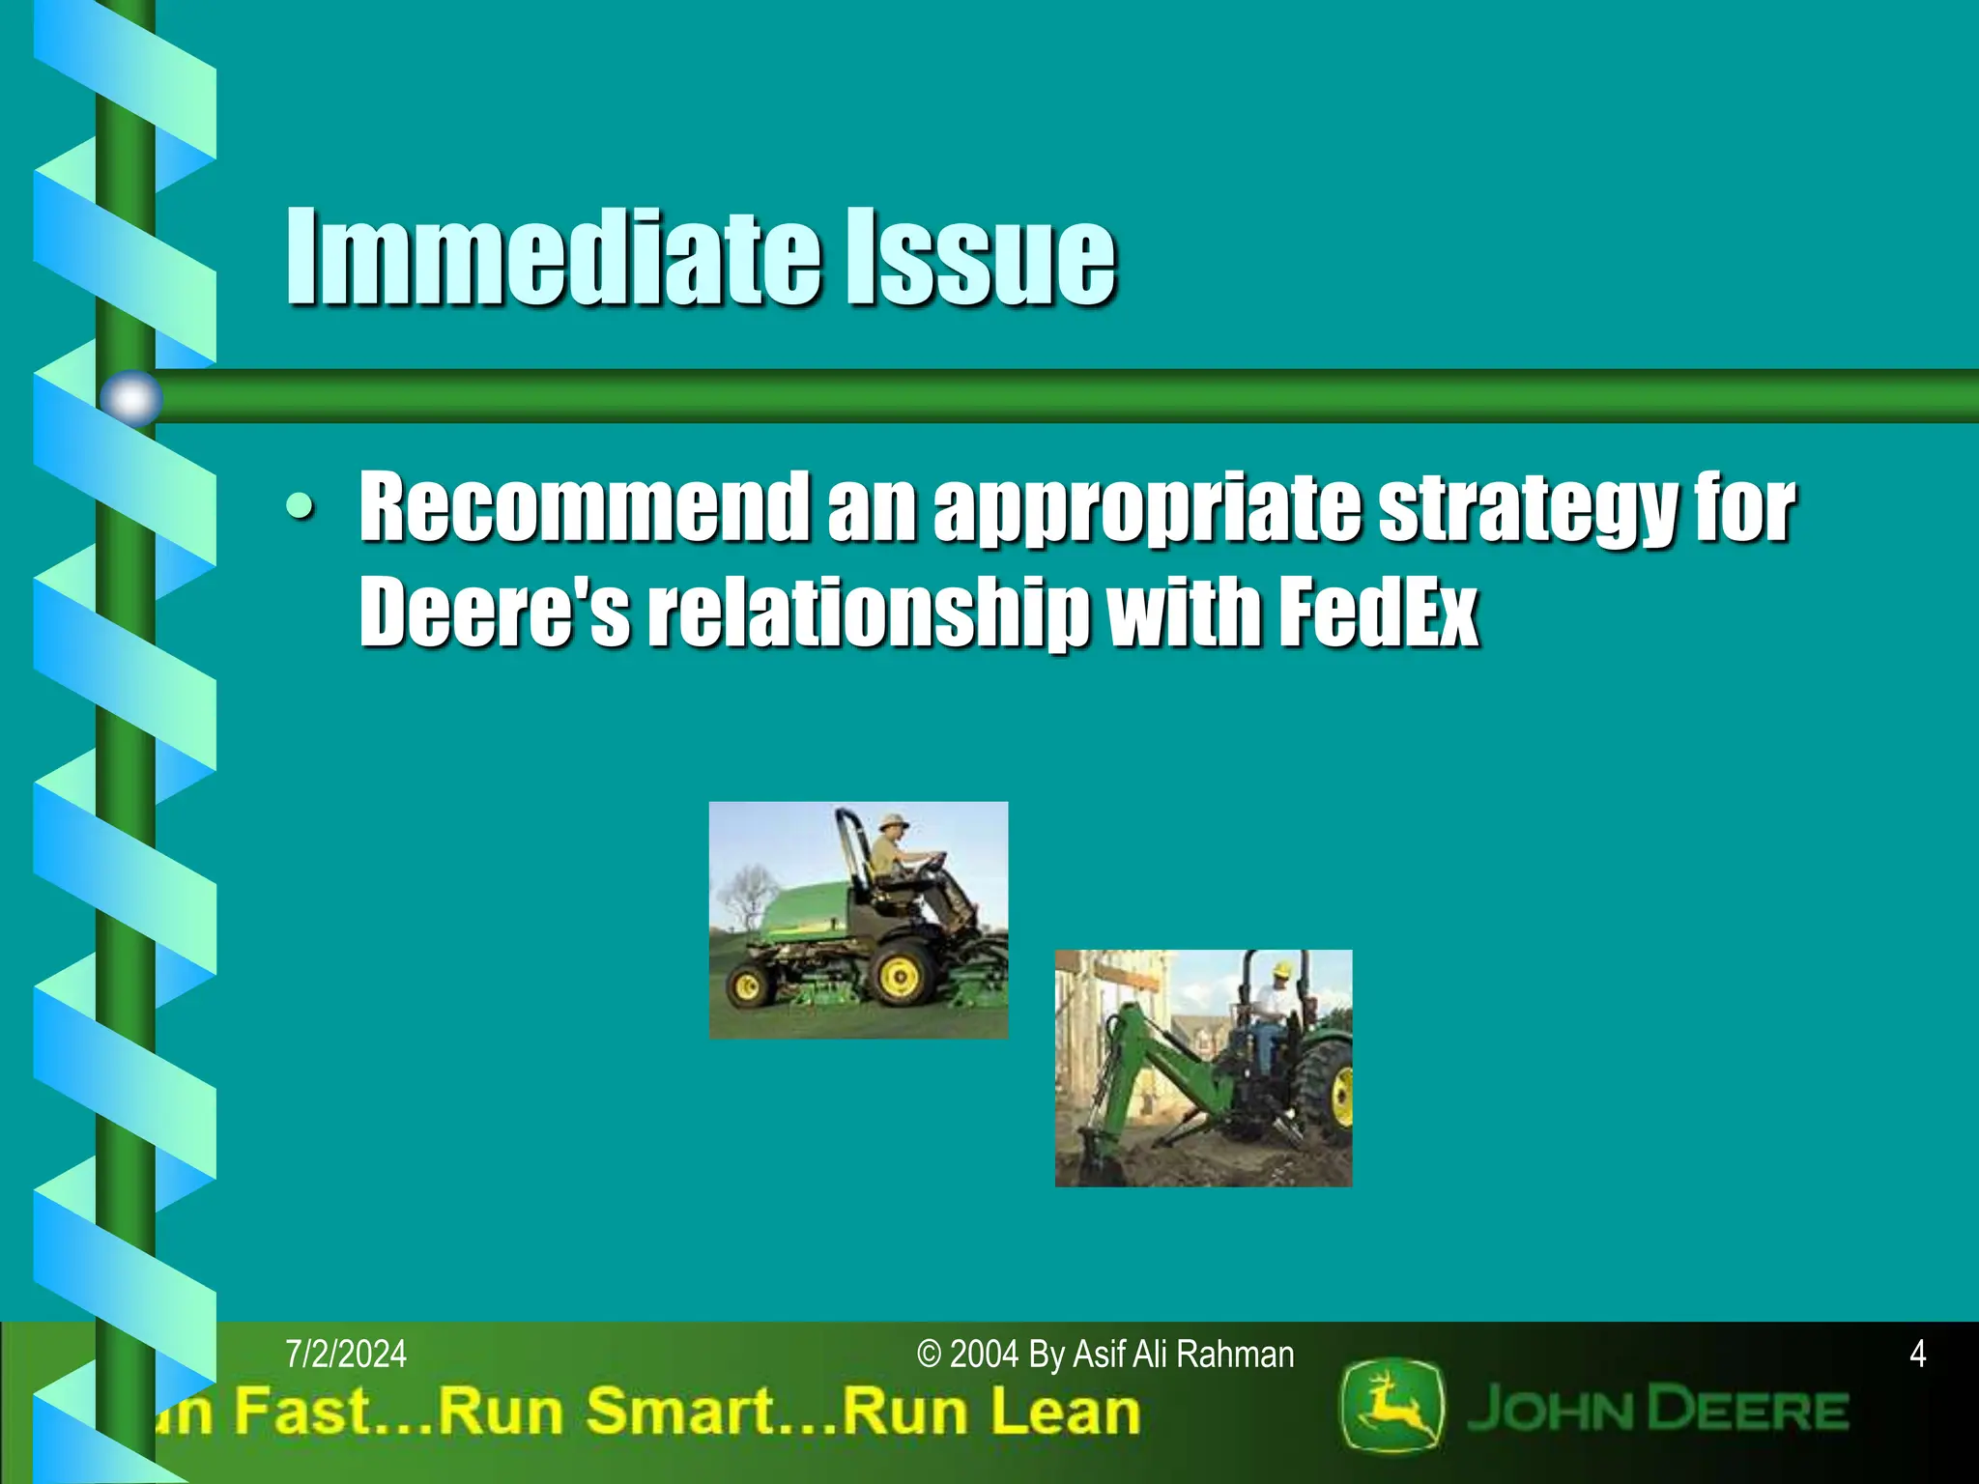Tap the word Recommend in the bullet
(x=584, y=506)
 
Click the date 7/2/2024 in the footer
(x=346, y=1355)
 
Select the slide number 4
(x=1917, y=1355)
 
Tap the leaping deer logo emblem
(x=1391, y=1406)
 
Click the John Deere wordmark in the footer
(x=1656, y=1411)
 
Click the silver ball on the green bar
(x=130, y=397)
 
